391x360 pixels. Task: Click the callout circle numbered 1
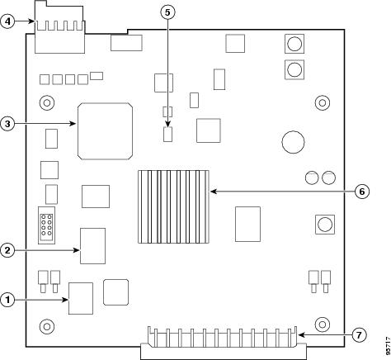pos(7,300)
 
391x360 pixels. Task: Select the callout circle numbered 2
pos(7,250)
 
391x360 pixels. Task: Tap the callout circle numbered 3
pos(7,124)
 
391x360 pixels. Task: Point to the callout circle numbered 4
pos(7,21)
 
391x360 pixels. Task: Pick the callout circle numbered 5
pos(167,12)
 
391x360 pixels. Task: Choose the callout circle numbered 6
pos(362,192)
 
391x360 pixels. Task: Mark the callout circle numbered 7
pos(359,335)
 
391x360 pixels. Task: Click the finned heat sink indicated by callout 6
pos(173,206)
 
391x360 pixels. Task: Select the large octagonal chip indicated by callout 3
pos(105,131)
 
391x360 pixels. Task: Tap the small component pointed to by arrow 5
pos(167,135)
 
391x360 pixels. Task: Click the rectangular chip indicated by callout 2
pos(92,246)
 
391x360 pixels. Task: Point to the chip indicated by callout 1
pos(81,298)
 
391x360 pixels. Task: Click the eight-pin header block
pos(46,225)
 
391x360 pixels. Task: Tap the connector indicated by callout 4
pos(59,27)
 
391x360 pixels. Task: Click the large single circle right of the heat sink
pos(293,142)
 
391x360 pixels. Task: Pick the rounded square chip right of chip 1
pos(115,292)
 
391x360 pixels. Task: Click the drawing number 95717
pos(388,346)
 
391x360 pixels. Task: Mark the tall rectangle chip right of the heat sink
pos(247,225)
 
